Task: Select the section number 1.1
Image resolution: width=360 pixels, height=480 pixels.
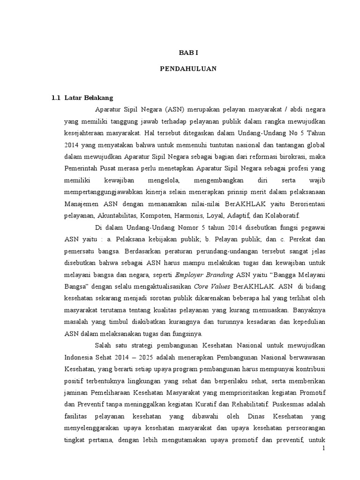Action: [56, 97]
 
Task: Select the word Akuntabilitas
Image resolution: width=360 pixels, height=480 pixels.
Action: [117, 216]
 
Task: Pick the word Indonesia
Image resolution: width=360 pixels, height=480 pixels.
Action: [78, 357]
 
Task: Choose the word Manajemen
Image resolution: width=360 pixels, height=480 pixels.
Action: [81, 204]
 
